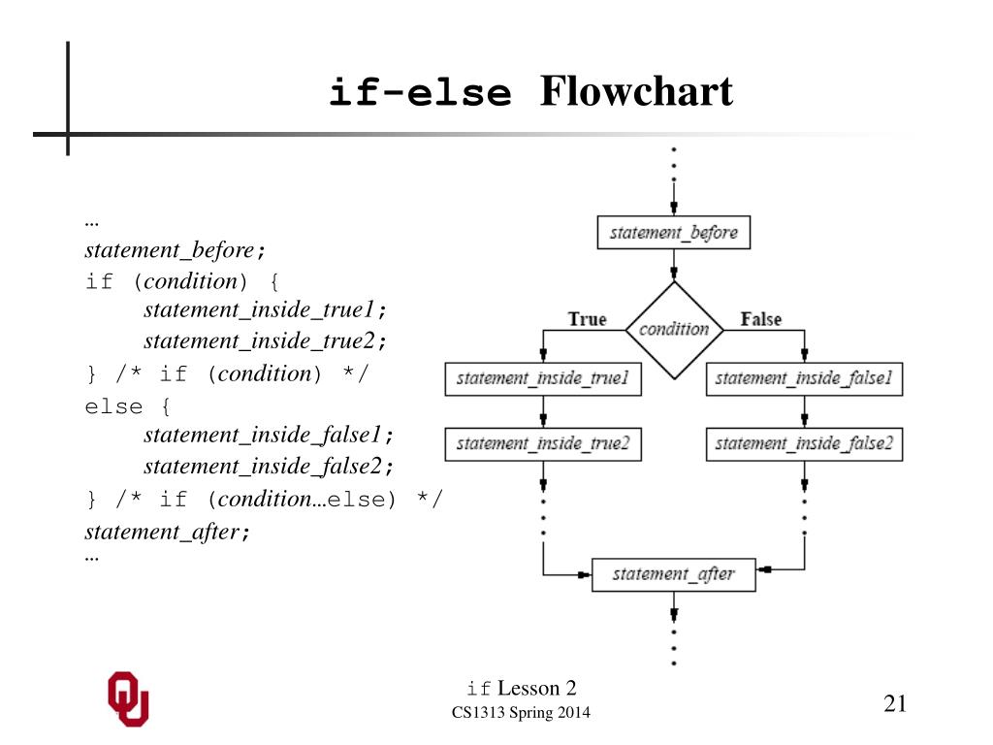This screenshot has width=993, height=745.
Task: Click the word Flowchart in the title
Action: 636,91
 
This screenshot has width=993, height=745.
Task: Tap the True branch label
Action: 587,318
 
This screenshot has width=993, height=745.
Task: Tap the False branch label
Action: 761,318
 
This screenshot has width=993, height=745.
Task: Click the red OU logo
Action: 129,698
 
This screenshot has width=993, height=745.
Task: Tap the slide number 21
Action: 895,703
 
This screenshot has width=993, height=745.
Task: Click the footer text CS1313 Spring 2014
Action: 521,713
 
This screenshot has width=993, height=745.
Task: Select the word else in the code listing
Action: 114,406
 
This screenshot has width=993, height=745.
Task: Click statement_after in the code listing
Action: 162,532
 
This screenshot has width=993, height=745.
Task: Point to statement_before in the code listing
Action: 170,250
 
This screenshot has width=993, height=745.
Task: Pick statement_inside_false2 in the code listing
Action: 263,467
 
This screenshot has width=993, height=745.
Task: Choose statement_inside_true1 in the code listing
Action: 259,309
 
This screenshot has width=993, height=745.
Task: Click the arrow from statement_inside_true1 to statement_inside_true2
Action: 543,411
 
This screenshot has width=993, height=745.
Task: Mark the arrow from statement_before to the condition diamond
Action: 674,265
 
